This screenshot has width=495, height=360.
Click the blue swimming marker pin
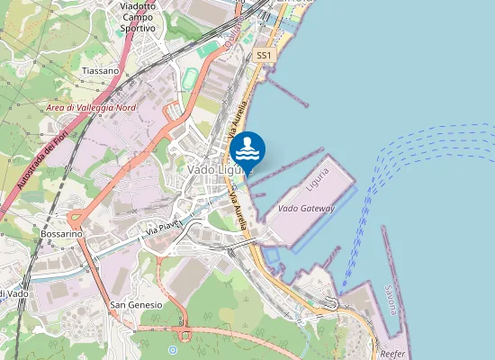(247, 149)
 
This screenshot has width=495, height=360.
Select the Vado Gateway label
(306, 209)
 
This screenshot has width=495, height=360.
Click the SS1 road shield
(264, 56)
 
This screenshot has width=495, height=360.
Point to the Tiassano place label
(99, 69)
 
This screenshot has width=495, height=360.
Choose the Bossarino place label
(61, 233)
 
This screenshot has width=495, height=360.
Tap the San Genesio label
(136, 305)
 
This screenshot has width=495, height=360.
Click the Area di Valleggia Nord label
(91, 108)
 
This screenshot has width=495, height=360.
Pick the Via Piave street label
(165, 226)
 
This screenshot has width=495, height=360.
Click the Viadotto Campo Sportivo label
(137, 17)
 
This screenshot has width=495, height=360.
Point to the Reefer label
(392, 354)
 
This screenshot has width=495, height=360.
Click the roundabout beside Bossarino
(76, 216)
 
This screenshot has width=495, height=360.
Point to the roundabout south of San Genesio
(186, 336)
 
